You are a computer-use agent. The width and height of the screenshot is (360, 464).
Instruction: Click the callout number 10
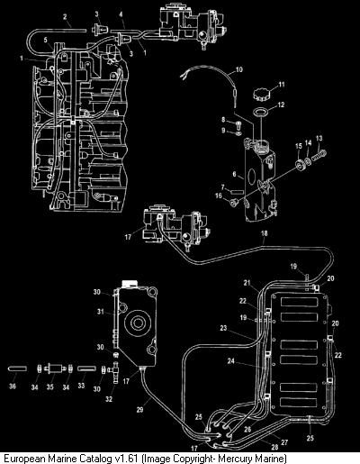pos(239,69)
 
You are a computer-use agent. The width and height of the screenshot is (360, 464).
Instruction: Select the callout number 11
pos(281,85)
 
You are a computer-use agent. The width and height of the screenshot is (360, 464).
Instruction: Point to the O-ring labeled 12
pos(261,112)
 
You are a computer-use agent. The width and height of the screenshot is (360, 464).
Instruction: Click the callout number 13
pos(319,138)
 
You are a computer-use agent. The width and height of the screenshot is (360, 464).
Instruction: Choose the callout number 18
pos(265,233)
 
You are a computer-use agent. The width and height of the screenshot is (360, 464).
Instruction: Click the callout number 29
pos(139,409)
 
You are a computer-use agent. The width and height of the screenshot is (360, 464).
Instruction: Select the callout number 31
pos(100,312)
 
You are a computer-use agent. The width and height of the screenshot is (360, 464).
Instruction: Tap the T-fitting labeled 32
pos(115,372)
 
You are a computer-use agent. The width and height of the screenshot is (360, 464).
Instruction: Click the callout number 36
pos(13,386)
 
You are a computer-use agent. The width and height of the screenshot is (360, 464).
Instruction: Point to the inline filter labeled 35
pos(55,368)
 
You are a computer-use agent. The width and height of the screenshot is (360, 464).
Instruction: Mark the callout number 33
pos(81,386)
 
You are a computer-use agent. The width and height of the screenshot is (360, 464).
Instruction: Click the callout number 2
pos(65,17)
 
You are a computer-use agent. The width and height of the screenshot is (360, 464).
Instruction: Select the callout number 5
pos(46,40)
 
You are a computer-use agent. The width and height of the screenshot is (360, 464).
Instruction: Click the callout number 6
pos(235,174)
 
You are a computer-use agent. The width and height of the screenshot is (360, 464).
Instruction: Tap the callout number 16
pos(219,196)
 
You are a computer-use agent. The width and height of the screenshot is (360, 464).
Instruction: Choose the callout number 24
pos(230,361)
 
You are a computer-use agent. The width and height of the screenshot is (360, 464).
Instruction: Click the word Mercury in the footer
pos(236,459)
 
